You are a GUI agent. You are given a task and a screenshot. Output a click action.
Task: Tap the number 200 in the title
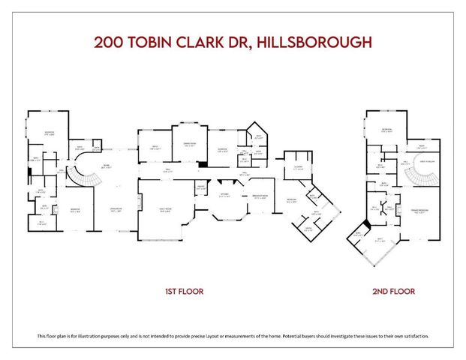[110, 42]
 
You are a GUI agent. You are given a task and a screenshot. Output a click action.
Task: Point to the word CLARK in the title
[208, 42]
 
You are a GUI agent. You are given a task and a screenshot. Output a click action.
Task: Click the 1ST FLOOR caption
[185, 290]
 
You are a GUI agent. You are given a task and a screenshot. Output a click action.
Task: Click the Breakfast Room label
[260, 198]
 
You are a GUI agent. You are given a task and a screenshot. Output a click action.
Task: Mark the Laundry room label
[298, 168]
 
